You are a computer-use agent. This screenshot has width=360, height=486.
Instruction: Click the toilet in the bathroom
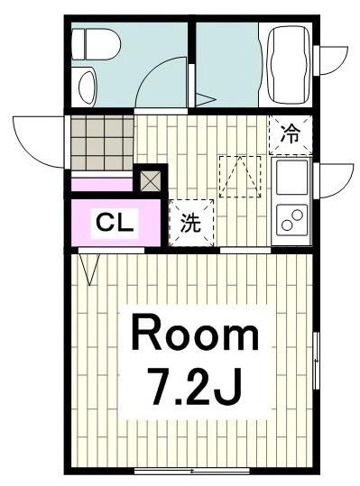[x=91, y=41]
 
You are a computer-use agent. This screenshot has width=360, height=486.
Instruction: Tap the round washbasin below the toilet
[x=87, y=87]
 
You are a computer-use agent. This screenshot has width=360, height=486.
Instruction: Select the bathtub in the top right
[x=287, y=63]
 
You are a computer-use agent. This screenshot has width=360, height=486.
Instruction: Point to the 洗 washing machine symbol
[x=191, y=224]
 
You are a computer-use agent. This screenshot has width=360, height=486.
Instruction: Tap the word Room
[x=195, y=336]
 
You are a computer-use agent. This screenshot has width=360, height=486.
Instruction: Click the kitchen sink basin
[x=292, y=179]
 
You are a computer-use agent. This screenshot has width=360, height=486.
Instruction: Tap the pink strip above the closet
[x=101, y=186]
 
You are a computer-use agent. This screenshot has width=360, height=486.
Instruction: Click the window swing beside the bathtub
[x=330, y=60]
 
